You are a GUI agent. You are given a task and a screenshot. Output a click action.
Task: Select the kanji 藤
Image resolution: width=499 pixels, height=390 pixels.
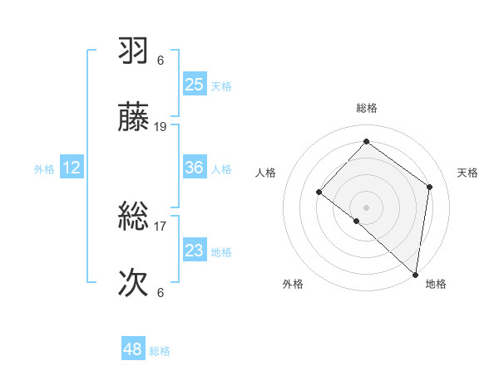tap(134, 119)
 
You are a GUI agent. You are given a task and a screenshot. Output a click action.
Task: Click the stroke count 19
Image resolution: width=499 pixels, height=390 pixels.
tap(161, 127)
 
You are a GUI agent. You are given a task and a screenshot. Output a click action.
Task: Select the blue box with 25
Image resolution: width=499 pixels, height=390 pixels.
tap(195, 85)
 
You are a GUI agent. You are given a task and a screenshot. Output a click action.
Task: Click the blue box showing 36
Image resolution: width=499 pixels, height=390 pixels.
tap(195, 168)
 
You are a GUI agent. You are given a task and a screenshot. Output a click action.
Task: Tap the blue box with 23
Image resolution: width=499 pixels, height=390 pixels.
tap(195, 251)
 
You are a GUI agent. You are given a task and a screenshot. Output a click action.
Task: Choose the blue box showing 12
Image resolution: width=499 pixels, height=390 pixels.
tap(72, 168)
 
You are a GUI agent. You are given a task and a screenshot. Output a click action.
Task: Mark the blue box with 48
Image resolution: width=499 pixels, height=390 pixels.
tap(133, 350)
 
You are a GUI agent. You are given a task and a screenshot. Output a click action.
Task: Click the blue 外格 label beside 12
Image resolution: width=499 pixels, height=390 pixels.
tap(44, 169)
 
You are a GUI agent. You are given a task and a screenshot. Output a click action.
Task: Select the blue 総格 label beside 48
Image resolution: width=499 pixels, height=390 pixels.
tap(160, 351)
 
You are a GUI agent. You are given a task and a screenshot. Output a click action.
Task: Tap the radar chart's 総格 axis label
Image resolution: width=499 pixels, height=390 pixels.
tap(367, 108)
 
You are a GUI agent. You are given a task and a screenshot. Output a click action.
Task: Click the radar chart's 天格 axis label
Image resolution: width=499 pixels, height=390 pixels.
tap(467, 173)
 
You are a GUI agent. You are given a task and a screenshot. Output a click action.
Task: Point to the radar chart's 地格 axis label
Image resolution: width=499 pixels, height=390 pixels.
tap(436, 284)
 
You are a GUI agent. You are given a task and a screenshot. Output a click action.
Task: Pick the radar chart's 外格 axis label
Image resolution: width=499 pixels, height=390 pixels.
tap(293, 284)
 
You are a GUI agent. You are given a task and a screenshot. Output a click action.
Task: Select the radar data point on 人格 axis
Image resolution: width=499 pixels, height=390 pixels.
tap(319, 192)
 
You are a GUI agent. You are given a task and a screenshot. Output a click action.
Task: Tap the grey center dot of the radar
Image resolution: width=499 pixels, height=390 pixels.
tap(366, 207)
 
